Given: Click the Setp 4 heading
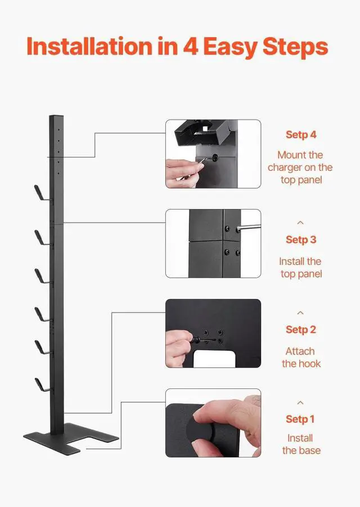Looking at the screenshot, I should coord(300,135).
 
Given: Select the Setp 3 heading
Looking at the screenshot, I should coord(300,239).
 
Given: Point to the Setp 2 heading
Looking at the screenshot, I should coord(300,329).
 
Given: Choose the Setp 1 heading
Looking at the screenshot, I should coord(300,419).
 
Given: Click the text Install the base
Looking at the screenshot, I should coord(300,444).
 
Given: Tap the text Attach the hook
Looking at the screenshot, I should coord(300,357).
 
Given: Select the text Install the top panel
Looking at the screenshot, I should coord(300,268).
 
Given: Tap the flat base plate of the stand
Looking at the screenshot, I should coord(70,436).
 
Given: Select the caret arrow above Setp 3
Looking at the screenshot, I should coord(300,223).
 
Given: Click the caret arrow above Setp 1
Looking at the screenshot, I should coord(300,403).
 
